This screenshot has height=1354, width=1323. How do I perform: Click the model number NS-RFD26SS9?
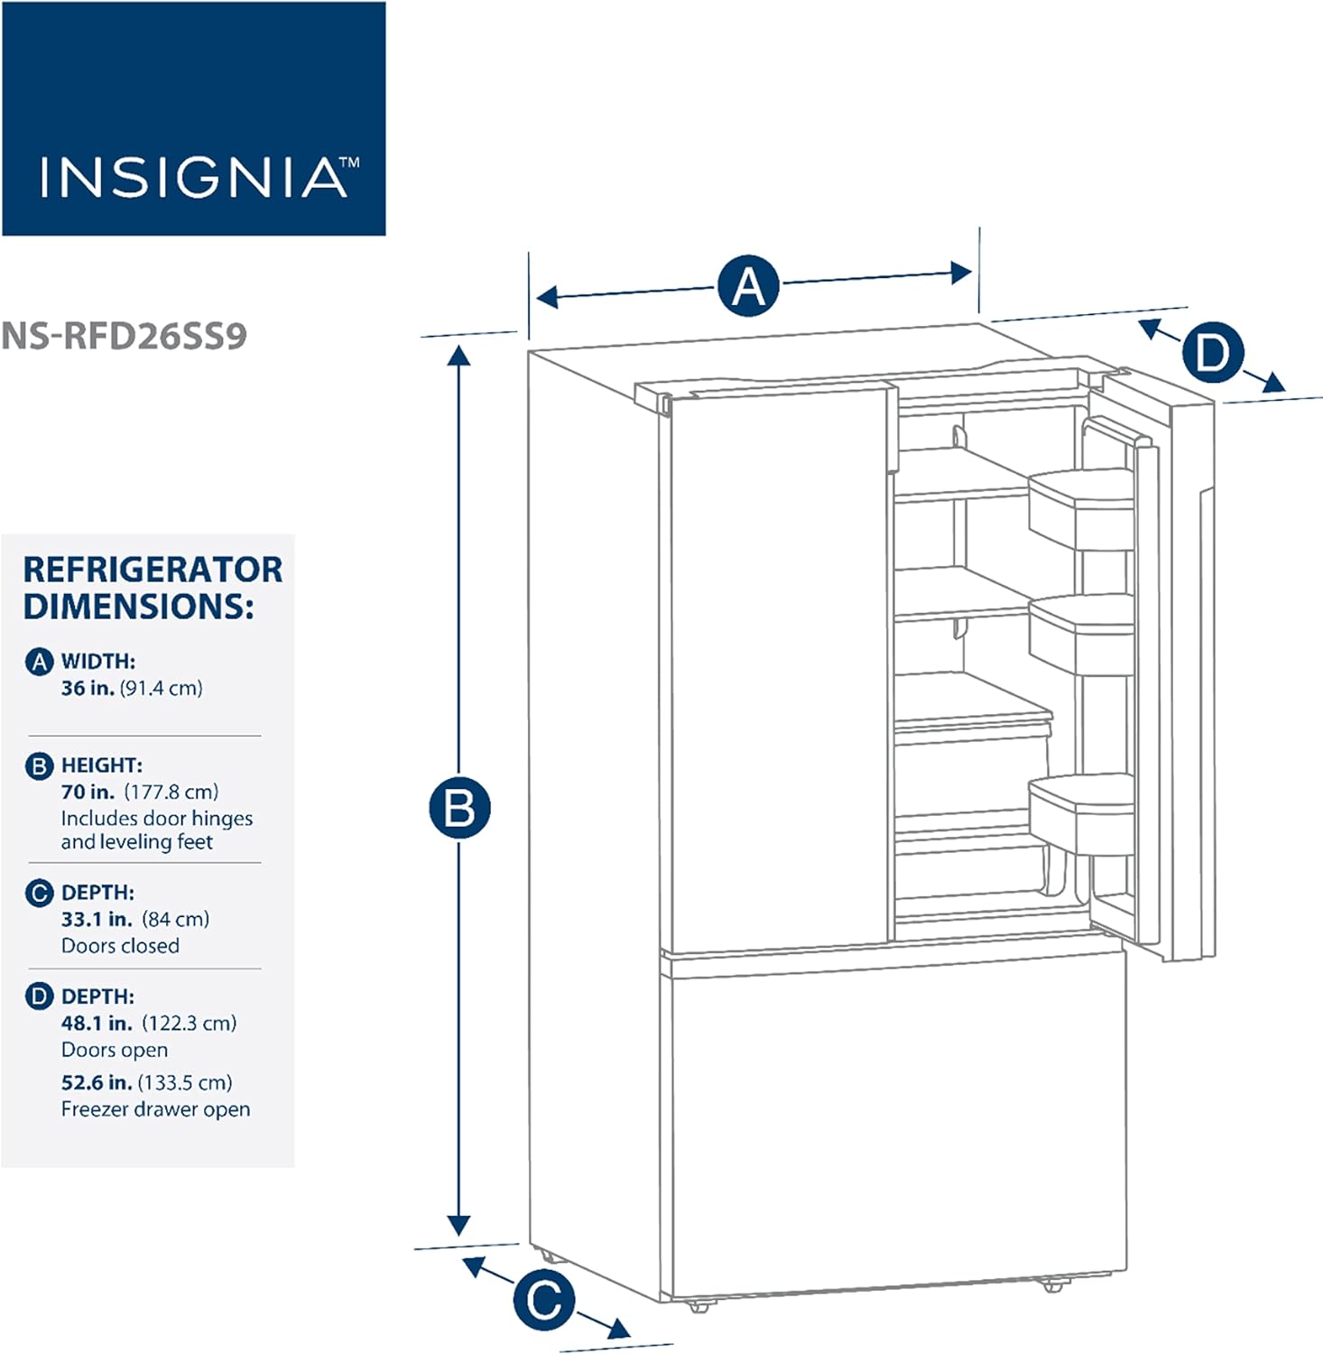click(124, 336)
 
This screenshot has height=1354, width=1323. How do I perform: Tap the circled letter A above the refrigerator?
click(748, 286)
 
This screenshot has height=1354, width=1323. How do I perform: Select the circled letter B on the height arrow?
click(459, 807)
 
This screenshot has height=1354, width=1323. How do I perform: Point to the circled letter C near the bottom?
click(544, 1299)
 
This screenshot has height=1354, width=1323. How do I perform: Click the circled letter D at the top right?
click(1212, 352)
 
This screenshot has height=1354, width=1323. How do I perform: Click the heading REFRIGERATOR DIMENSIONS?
click(152, 588)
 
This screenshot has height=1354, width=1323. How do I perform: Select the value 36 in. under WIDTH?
click(88, 688)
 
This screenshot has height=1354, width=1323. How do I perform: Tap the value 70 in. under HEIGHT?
click(88, 792)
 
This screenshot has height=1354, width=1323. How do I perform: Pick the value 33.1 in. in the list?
click(97, 919)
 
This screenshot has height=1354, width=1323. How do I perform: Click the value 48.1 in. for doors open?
click(97, 1023)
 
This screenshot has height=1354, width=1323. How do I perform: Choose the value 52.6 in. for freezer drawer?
click(97, 1082)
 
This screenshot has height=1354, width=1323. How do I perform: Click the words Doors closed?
click(120, 945)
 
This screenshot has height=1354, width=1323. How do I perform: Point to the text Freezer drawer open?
click(155, 1109)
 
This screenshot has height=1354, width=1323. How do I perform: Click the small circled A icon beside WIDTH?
click(39, 662)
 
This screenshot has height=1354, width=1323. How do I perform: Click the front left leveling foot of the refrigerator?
click(698, 1305)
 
